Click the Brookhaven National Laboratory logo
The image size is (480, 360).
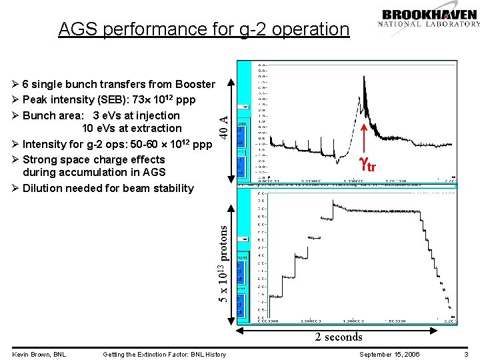click(x=429, y=18)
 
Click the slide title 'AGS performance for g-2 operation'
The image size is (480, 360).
click(x=203, y=29)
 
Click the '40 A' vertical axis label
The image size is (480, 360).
click(x=225, y=126)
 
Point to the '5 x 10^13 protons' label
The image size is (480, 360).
click(x=225, y=262)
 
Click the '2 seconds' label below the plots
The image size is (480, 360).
click(x=339, y=337)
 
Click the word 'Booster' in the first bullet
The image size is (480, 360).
click(x=195, y=84)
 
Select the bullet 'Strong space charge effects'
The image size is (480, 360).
click(x=93, y=159)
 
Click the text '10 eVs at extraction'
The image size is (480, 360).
click(x=131, y=128)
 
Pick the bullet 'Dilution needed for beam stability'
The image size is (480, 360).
click(x=107, y=188)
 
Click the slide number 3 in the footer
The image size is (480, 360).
click(x=467, y=354)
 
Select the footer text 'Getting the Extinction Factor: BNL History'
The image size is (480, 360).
click(x=164, y=354)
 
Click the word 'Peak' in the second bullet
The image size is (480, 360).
click(x=35, y=99)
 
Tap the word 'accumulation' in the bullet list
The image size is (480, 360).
click(x=85, y=173)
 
